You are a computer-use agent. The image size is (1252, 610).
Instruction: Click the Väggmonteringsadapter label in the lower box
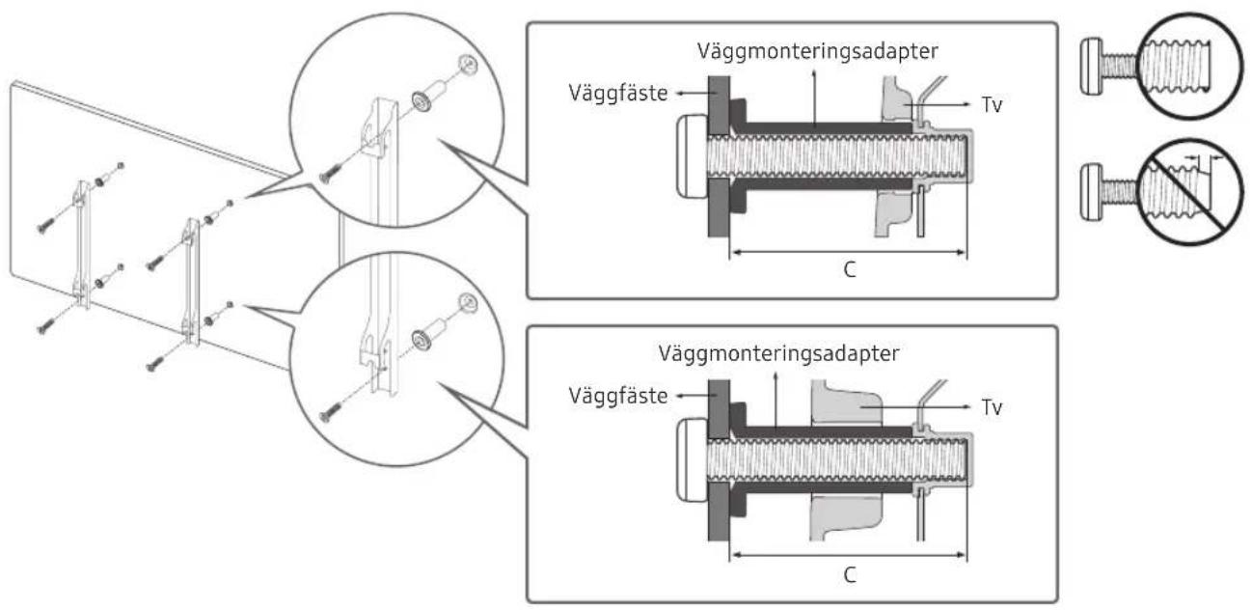click(778, 353)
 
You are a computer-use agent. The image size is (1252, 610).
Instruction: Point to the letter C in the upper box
click(848, 270)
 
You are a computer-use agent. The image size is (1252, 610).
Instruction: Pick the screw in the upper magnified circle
click(330, 174)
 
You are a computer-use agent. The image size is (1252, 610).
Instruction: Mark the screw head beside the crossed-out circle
click(1093, 180)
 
